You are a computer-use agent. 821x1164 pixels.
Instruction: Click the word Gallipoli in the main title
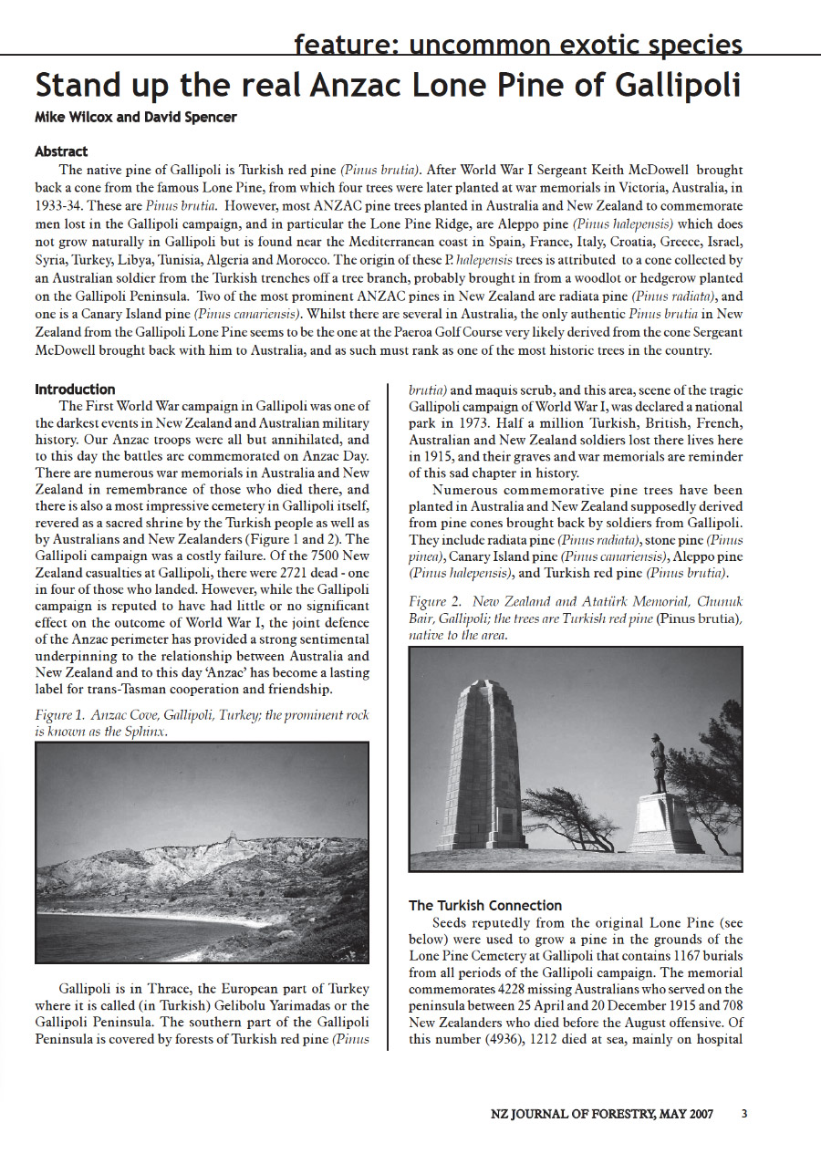[x=668, y=86]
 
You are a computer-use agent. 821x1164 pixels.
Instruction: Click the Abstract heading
[x=61, y=151]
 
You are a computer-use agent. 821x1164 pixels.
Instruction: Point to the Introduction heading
[x=75, y=390]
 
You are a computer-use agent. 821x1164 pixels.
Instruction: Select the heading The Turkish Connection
[x=485, y=905]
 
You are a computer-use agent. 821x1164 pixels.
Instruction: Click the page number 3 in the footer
[x=744, y=1114]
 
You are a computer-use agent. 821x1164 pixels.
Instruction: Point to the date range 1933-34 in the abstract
[x=67, y=204]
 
